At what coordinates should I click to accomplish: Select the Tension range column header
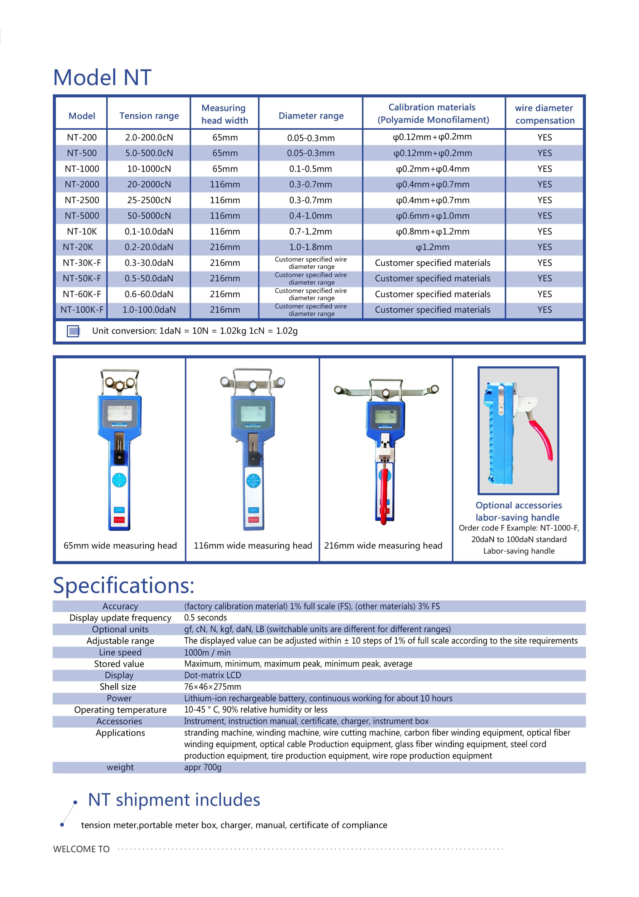click(149, 116)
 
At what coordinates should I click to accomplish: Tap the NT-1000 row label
click(82, 169)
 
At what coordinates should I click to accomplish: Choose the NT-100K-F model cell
click(82, 310)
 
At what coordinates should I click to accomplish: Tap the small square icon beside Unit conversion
click(73, 331)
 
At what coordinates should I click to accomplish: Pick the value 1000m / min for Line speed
click(207, 653)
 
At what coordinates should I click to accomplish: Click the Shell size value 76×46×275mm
click(212, 687)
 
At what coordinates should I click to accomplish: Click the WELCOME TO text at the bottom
click(81, 849)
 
